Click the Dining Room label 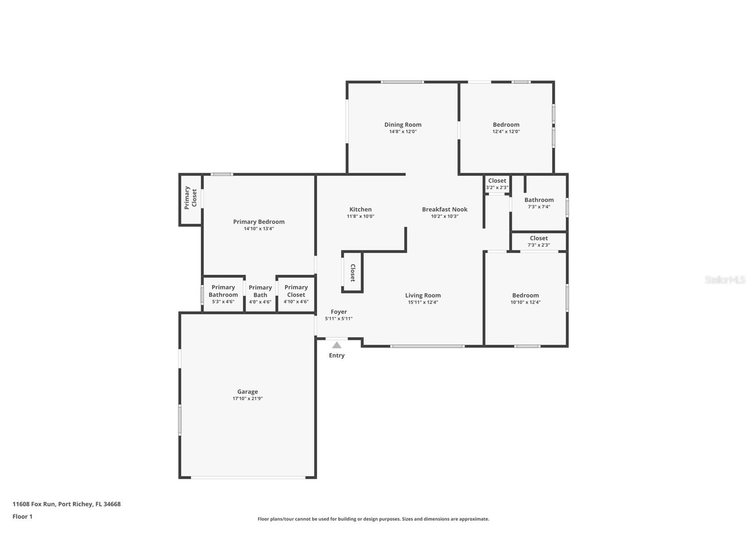pyautogui.click(x=403, y=125)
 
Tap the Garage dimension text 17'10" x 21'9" pyautogui.click(x=247, y=398)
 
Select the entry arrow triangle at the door pyautogui.click(x=337, y=345)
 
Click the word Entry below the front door pyautogui.click(x=337, y=355)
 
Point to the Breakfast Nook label pyautogui.click(x=445, y=209)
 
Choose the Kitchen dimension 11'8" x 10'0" pyautogui.click(x=361, y=216)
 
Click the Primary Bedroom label pyautogui.click(x=259, y=221)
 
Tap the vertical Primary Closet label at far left pyautogui.click(x=190, y=198)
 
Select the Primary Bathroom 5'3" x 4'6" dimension pyautogui.click(x=223, y=302)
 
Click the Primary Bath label pyautogui.click(x=260, y=291)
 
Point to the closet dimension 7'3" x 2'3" pyautogui.click(x=539, y=245)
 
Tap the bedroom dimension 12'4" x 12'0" pyautogui.click(x=506, y=132)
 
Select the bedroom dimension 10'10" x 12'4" pyautogui.click(x=525, y=302)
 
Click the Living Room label pyautogui.click(x=423, y=295)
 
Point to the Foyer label pyautogui.click(x=339, y=312)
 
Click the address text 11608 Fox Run pyautogui.click(x=34, y=504)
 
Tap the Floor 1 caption pyautogui.click(x=22, y=516)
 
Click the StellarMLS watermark pyautogui.click(x=725, y=280)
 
